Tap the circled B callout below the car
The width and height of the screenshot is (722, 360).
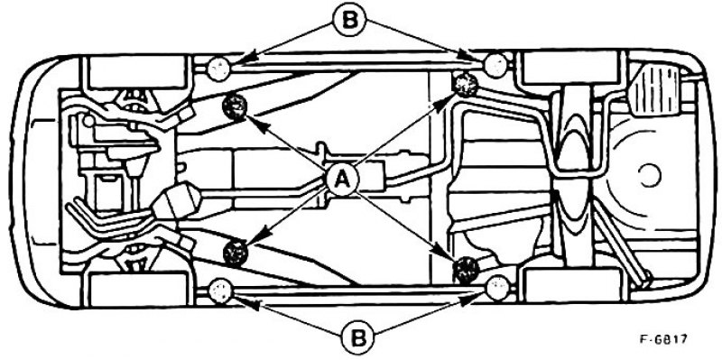click(358, 339)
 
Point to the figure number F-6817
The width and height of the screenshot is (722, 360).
click(663, 340)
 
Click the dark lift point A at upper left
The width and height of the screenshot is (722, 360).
click(235, 106)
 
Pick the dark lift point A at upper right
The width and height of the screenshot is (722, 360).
click(466, 85)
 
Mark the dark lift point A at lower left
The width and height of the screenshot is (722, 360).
click(236, 253)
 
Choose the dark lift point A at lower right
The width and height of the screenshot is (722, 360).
click(466, 269)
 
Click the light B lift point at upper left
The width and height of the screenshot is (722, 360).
click(218, 69)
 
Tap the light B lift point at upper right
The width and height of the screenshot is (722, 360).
click(495, 65)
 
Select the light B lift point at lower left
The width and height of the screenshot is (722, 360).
click(220, 291)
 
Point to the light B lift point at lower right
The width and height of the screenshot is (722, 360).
click(497, 288)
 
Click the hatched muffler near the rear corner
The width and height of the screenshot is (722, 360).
click(653, 89)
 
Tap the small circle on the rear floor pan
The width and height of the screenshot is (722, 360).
click(650, 175)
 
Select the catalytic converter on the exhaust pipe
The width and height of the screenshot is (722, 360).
click(177, 204)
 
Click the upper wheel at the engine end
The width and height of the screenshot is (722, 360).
click(137, 72)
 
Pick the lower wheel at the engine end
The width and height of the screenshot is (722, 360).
click(137, 289)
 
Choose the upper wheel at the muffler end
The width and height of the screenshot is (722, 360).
click(569, 67)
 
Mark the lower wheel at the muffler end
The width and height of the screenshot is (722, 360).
click(572, 284)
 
